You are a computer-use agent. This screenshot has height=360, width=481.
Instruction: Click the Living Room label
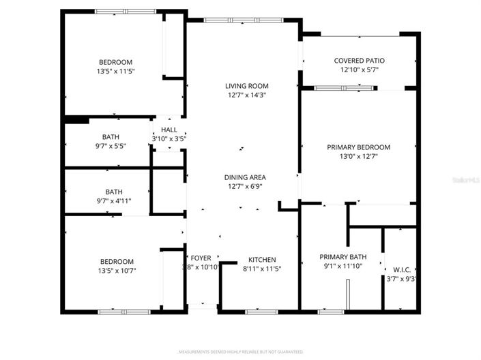[x=247, y=86]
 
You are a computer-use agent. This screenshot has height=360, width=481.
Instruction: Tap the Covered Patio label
[x=359, y=60]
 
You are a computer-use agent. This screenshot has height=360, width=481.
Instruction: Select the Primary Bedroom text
[x=358, y=147]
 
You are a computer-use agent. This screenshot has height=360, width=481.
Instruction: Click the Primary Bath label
[x=343, y=257]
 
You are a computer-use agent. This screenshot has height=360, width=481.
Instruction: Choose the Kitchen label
[x=262, y=259]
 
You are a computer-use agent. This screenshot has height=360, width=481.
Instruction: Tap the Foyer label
[x=201, y=259]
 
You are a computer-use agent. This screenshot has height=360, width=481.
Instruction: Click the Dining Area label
[x=245, y=177]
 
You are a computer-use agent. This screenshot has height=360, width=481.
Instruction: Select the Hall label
[x=169, y=130]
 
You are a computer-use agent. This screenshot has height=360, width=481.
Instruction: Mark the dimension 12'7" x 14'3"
[x=247, y=95]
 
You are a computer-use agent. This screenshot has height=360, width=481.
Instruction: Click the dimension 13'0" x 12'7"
[x=358, y=157]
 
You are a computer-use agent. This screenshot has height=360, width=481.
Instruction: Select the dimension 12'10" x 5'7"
[x=359, y=70]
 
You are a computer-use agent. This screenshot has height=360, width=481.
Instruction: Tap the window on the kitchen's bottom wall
[x=262, y=312]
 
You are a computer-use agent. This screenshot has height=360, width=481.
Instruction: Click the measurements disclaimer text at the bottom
[x=240, y=352]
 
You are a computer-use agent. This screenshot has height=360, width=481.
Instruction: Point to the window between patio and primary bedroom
[x=345, y=88]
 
